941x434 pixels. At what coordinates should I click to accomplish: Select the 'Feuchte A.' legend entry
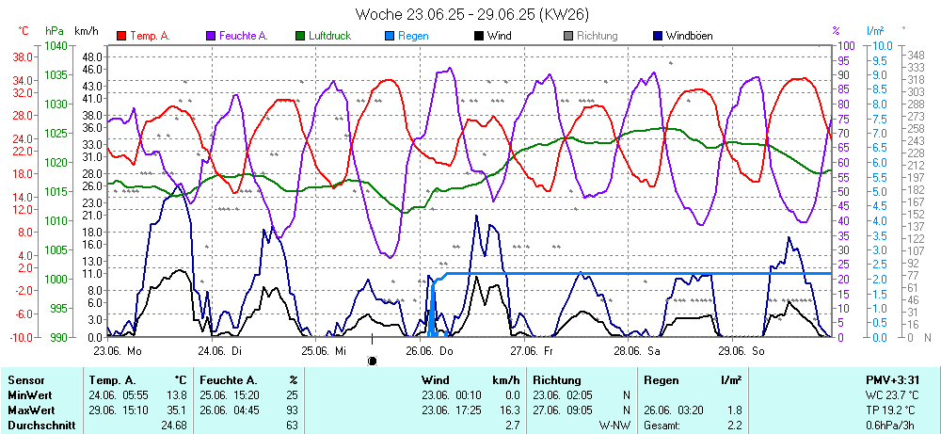coord(243,36)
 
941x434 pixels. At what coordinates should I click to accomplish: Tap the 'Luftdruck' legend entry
coord(330,36)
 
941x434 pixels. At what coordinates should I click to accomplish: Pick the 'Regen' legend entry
coord(412,36)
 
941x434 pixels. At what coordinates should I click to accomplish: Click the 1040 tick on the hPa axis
coord(56,45)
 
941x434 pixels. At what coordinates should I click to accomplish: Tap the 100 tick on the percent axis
coord(846,45)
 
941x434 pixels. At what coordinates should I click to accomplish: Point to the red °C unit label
coord(24,31)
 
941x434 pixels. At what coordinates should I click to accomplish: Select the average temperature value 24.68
coord(173,426)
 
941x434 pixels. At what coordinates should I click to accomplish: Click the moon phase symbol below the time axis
coord(372,360)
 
